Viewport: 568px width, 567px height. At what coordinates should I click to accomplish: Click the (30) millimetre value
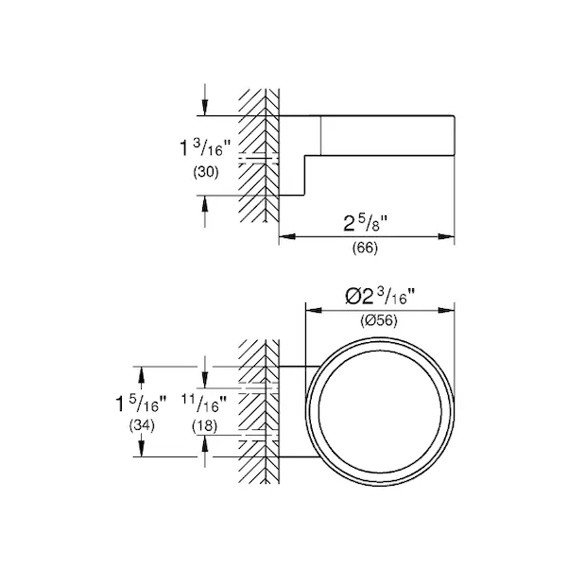[206, 172]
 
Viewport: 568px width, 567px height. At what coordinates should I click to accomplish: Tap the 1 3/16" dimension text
[205, 147]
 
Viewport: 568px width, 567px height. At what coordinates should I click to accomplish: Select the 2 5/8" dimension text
[365, 223]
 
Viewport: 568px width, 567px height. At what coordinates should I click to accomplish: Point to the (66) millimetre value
[365, 249]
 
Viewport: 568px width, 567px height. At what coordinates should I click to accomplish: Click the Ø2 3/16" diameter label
[380, 297]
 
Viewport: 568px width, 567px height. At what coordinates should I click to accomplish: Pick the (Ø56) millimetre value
[379, 320]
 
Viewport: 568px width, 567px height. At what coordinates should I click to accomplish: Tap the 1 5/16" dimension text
[141, 404]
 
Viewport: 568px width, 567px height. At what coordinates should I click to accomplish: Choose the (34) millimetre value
[142, 425]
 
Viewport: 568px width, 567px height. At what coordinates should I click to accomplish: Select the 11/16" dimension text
[204, 404]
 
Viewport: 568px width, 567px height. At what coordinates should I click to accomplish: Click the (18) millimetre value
[205, 425]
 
